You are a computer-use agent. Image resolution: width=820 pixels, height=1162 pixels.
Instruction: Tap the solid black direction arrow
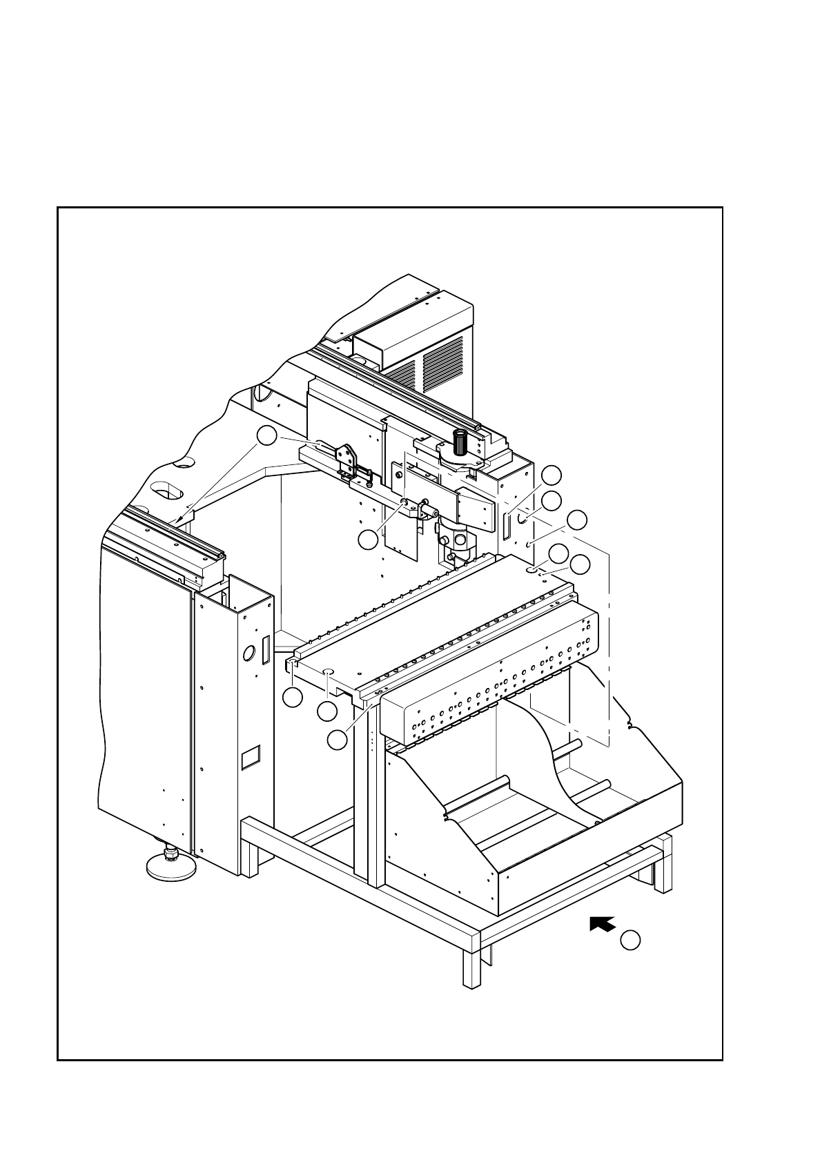pyautogui.click(x=602, y=924)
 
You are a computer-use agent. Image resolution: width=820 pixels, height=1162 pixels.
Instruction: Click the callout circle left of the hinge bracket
pyautogui.click(x=267, y=436)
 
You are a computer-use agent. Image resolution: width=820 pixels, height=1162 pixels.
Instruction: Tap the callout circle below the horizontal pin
pyautogui.click(x=369, y=540)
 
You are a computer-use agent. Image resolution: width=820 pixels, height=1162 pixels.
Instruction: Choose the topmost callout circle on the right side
pyautogui.click(x=551, y=475)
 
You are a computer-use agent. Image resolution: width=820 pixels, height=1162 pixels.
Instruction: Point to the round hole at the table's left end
pyautogui.click(x=329, y=671)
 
